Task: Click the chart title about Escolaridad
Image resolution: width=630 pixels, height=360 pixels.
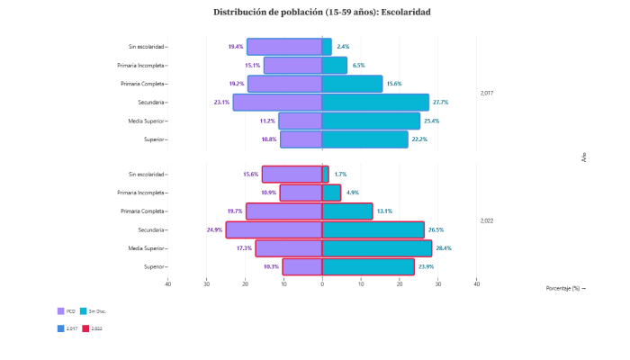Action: (321, 13)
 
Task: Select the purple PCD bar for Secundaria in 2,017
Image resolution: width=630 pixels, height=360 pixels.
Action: (277, 103)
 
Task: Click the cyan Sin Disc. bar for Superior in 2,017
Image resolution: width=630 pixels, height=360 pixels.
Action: (364, 139)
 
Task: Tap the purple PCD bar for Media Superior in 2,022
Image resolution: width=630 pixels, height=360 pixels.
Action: (289, 248)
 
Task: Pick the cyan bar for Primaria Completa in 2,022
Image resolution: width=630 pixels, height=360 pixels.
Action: (347, 211)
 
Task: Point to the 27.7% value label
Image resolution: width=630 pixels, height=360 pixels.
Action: (440, 103)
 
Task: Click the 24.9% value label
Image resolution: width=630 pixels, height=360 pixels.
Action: (214, 229)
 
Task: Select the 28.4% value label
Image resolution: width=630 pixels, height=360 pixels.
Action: (443, 248)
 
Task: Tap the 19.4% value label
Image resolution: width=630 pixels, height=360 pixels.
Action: (236, 47)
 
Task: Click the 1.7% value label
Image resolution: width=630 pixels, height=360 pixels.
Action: (340, 175)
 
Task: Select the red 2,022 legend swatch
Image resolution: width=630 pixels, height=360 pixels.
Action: (86, 328)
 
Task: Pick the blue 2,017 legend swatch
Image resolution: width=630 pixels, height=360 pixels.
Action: (61, 328)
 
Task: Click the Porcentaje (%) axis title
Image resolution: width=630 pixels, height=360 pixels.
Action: (565, 288)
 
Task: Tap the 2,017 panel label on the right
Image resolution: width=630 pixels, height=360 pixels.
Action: (487, 93)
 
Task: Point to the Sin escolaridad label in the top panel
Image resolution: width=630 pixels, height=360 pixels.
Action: (147, 47)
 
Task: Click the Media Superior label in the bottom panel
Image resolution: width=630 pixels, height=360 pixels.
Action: (147, 248)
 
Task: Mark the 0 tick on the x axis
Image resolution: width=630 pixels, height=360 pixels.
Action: (322, 284)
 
